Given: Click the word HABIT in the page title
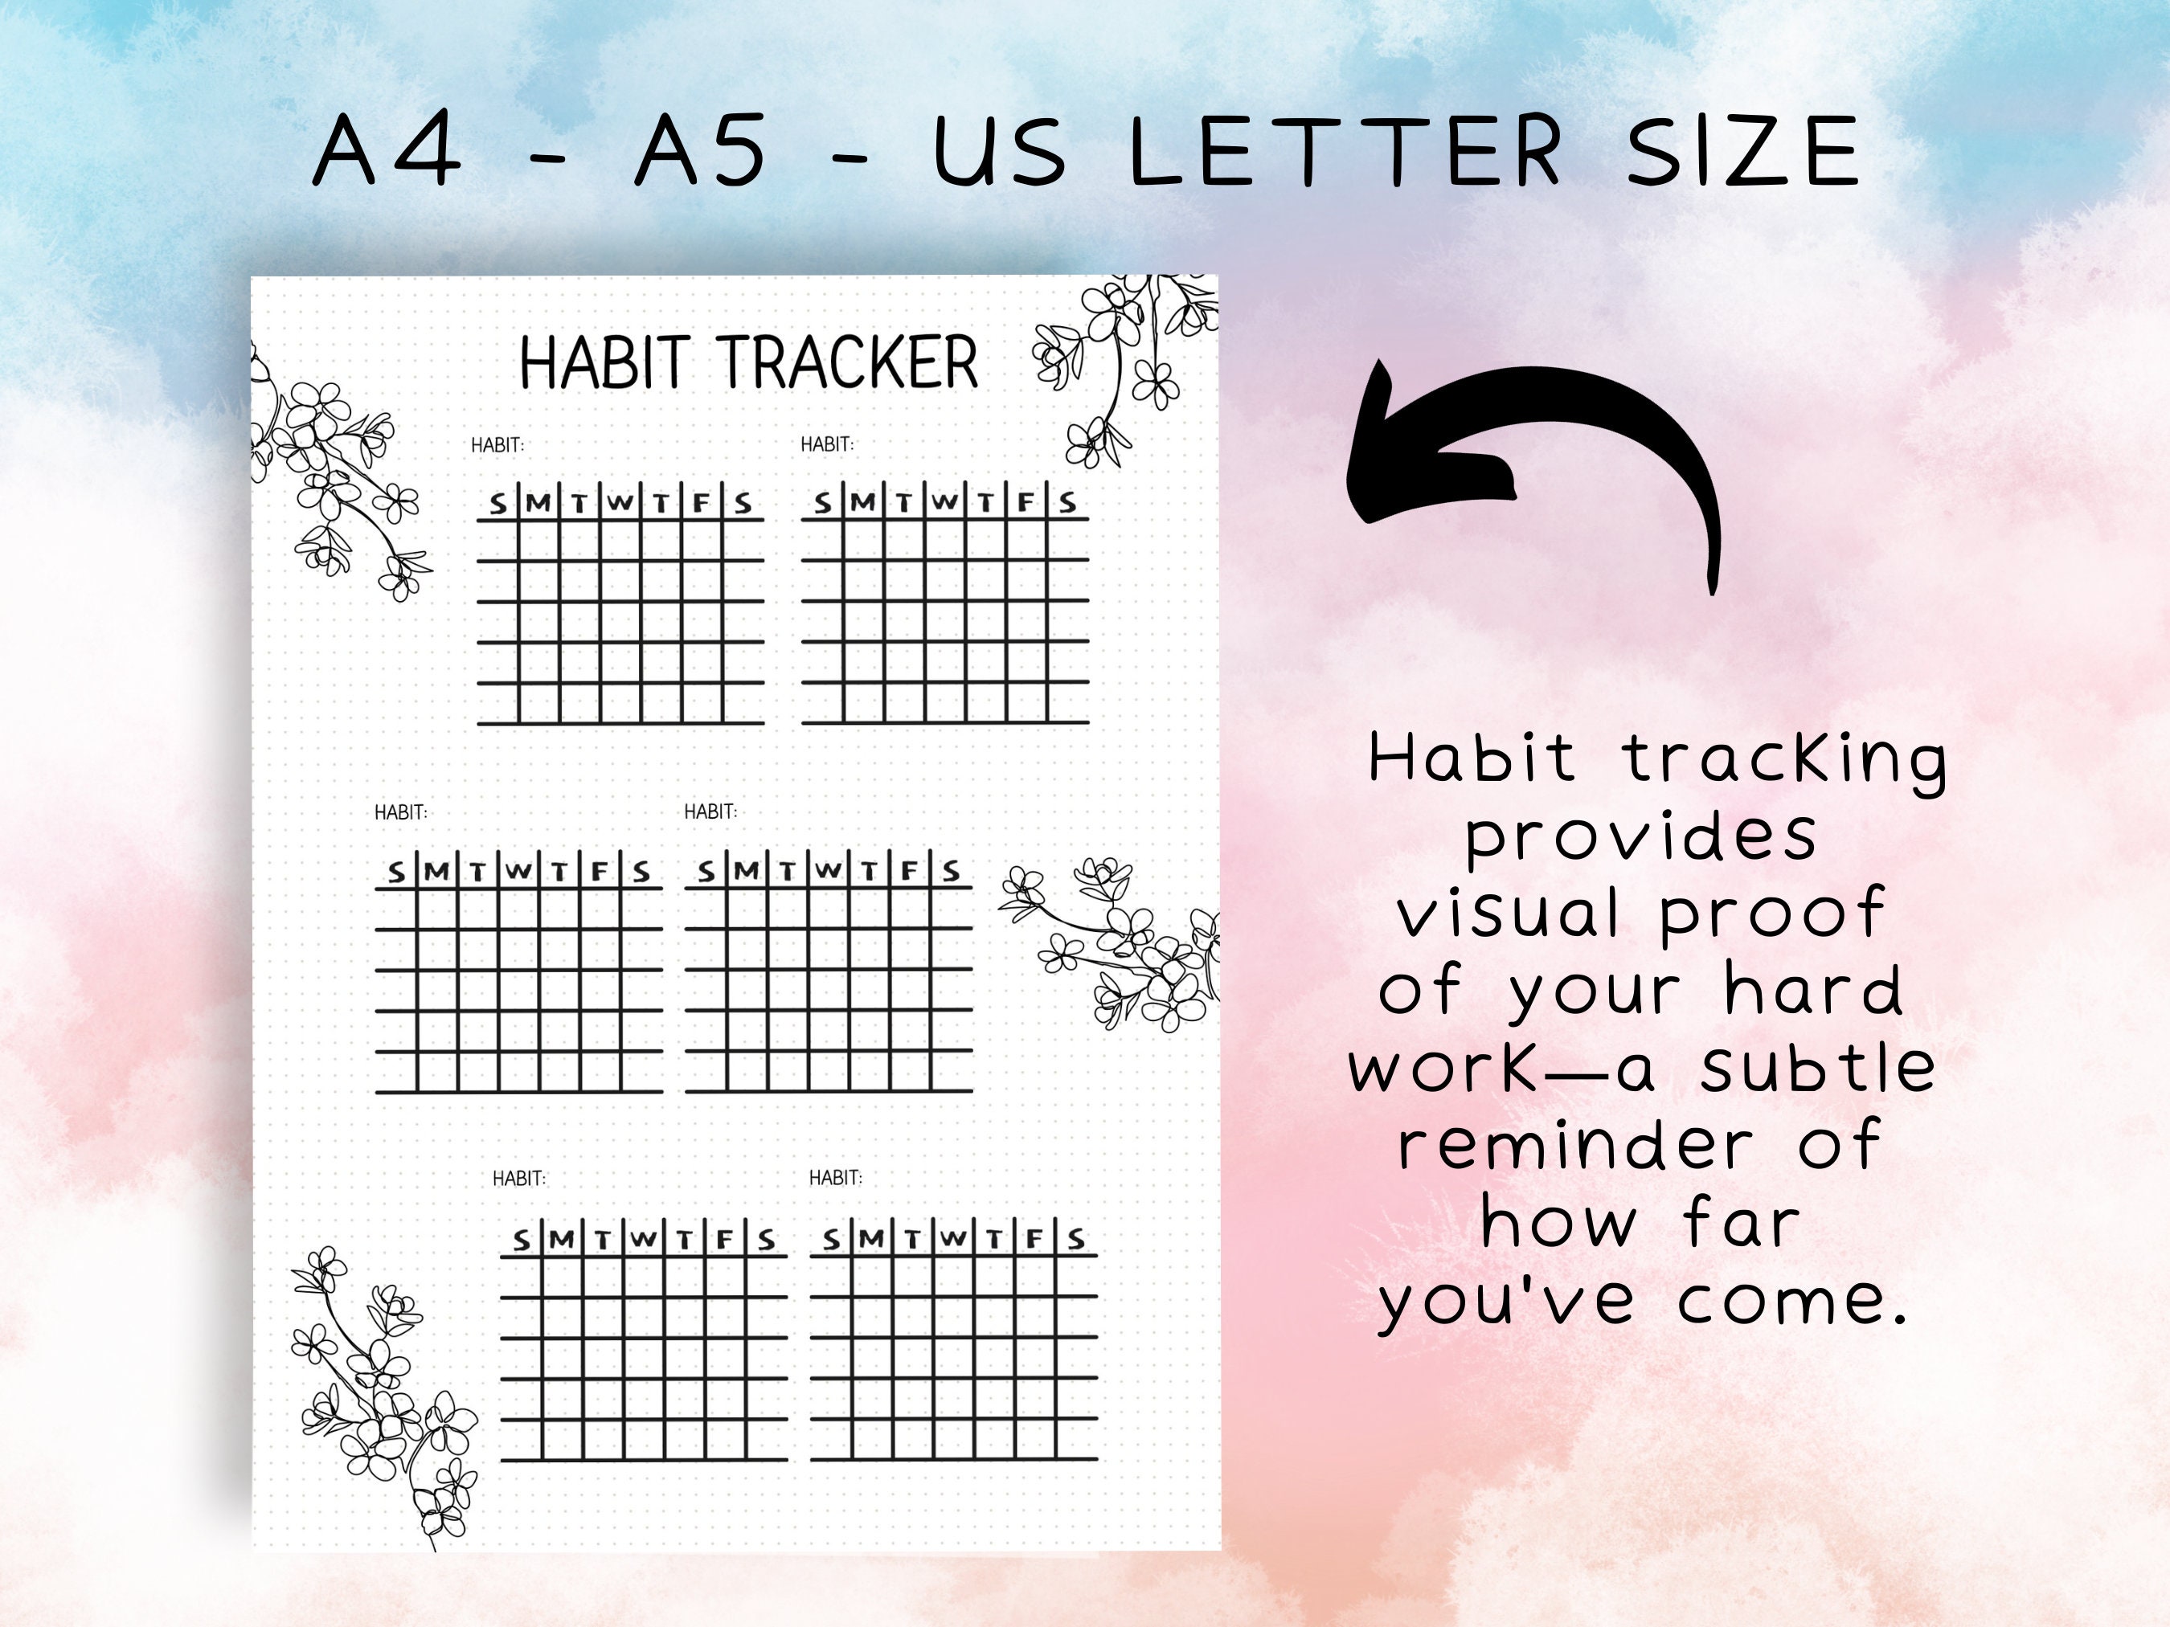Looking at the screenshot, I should tap(600, 363).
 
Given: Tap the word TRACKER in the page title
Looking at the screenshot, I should tap(849, 363).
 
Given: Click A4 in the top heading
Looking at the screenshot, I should tap(387, 151).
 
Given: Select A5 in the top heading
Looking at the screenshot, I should tap(699, 151).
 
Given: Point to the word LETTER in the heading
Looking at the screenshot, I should tap(1345, 151).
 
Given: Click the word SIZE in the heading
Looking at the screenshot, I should tap(1742, 151).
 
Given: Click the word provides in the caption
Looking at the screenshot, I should tap(1641, 836).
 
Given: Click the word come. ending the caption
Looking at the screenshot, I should tap(1791, 1302).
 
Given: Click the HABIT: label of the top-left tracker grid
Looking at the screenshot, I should tap(497, 445).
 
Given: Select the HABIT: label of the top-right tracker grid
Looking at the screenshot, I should tap(827, 444).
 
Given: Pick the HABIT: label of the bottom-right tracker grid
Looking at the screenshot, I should tap(835, 1178).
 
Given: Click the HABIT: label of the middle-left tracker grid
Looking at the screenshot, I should tap(400, 812).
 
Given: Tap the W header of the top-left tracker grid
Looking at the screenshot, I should tap(619, 503).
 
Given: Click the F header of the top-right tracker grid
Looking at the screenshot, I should tap(1026, 502).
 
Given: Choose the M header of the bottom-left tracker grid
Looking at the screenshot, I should tap(561, 1240).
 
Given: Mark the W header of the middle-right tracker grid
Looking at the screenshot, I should tap(828, 870).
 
